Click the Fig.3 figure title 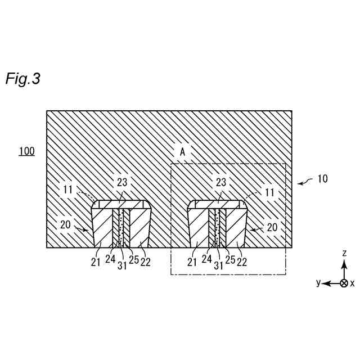point(22,79)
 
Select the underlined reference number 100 point(26,151)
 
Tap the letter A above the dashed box point(182,152)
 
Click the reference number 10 point(322,179)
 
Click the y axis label point(318,283)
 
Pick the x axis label point(353,283)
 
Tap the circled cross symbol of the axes point(344,283)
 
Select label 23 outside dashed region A point(123,182)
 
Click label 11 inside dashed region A point(269,192)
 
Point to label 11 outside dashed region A point(67,190)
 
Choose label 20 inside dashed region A point(272,227)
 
